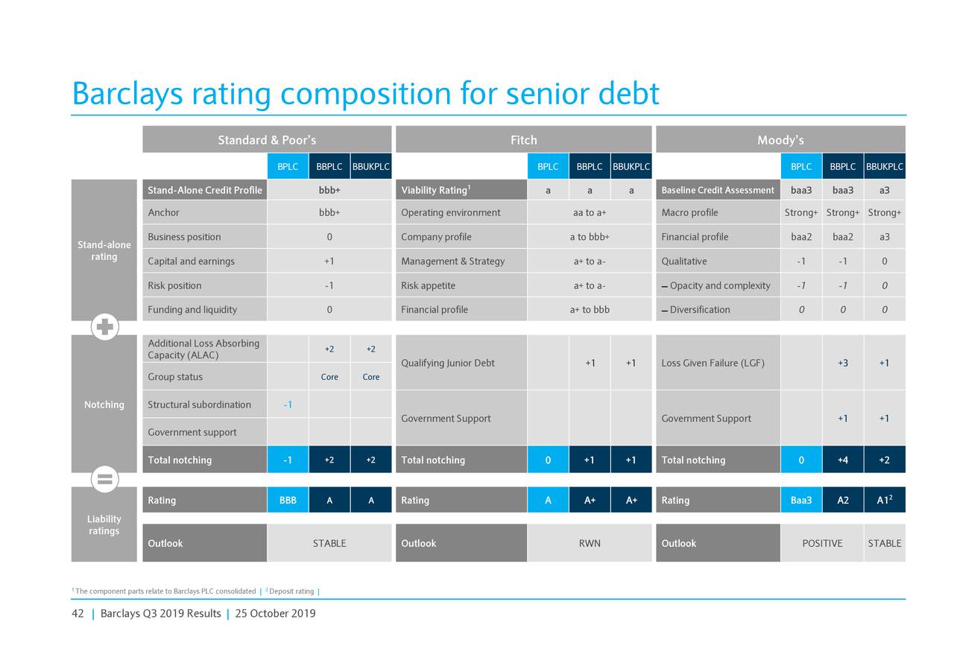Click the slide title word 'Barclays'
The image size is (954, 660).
[x=127, y=95]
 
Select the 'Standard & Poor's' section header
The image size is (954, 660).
[x=267, y=140]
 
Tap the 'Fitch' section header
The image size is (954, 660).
[x=523, y=140]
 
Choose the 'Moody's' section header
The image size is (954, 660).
[x=780, y=140]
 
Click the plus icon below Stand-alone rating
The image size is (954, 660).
[x=105, y=328]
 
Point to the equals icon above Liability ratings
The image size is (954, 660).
[x=105, y=480]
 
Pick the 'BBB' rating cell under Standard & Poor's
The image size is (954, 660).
[x=288, y=501]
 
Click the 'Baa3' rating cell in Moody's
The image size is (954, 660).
[x=801, y=501]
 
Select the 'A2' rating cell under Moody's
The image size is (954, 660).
[x=842, y=501]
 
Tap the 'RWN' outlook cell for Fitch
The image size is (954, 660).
[x=590, y=543]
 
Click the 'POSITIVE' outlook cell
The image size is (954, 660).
[x=822, y=543]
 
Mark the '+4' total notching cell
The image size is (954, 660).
[x=842, y=460]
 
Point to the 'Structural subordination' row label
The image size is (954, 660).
[x=199, y=404]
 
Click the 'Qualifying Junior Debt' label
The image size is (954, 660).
[x=447, y=363]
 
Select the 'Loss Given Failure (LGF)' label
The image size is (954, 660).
[x=713, y=363]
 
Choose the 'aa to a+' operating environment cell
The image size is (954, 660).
[x=590, y=212]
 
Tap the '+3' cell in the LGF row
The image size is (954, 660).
[x=842, y=363]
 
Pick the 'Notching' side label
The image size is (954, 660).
[x=104, y=404]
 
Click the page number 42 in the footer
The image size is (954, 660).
[x=78, y=614]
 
